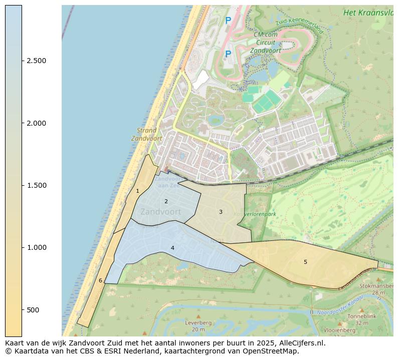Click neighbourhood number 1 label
click(x=137, y=191)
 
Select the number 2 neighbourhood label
click(x=166, y=201)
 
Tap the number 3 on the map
click(x=221, y=212)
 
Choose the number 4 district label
click(x=172, y=248)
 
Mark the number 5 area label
click(x=305, y=262)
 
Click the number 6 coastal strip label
click(x=100, y=280)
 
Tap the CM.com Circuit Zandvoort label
click(x=265, y=43)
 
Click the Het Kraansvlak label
click(x=368, y=13)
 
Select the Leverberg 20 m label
click(x=198, y=326)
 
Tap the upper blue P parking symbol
click(x=228, y=21)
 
